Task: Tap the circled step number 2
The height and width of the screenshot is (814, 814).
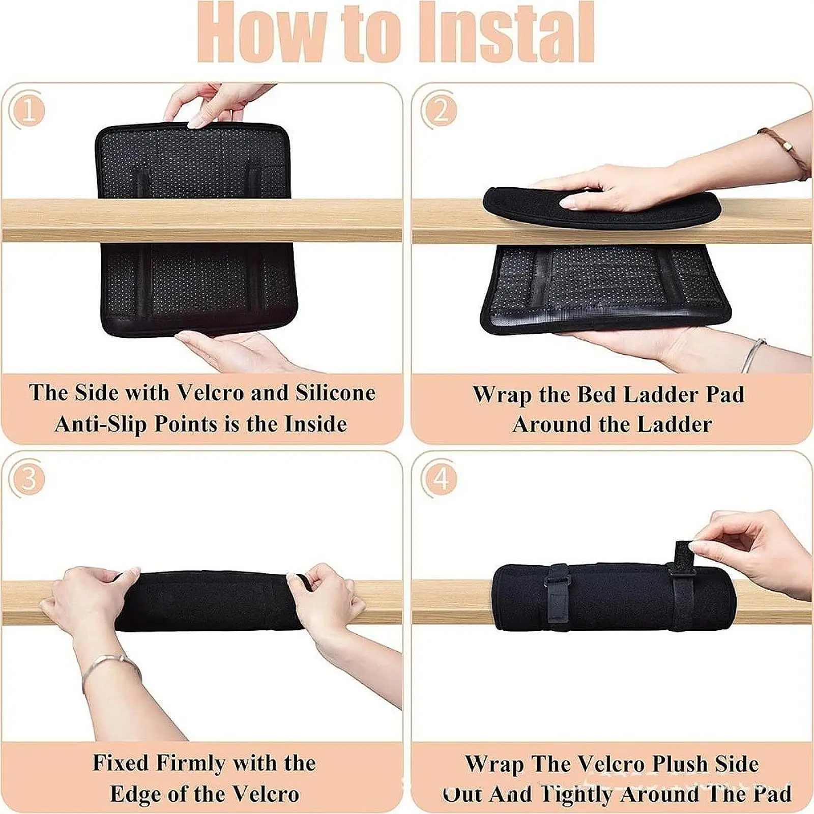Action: [441, 110]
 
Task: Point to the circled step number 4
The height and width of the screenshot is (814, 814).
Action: [441, 479]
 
